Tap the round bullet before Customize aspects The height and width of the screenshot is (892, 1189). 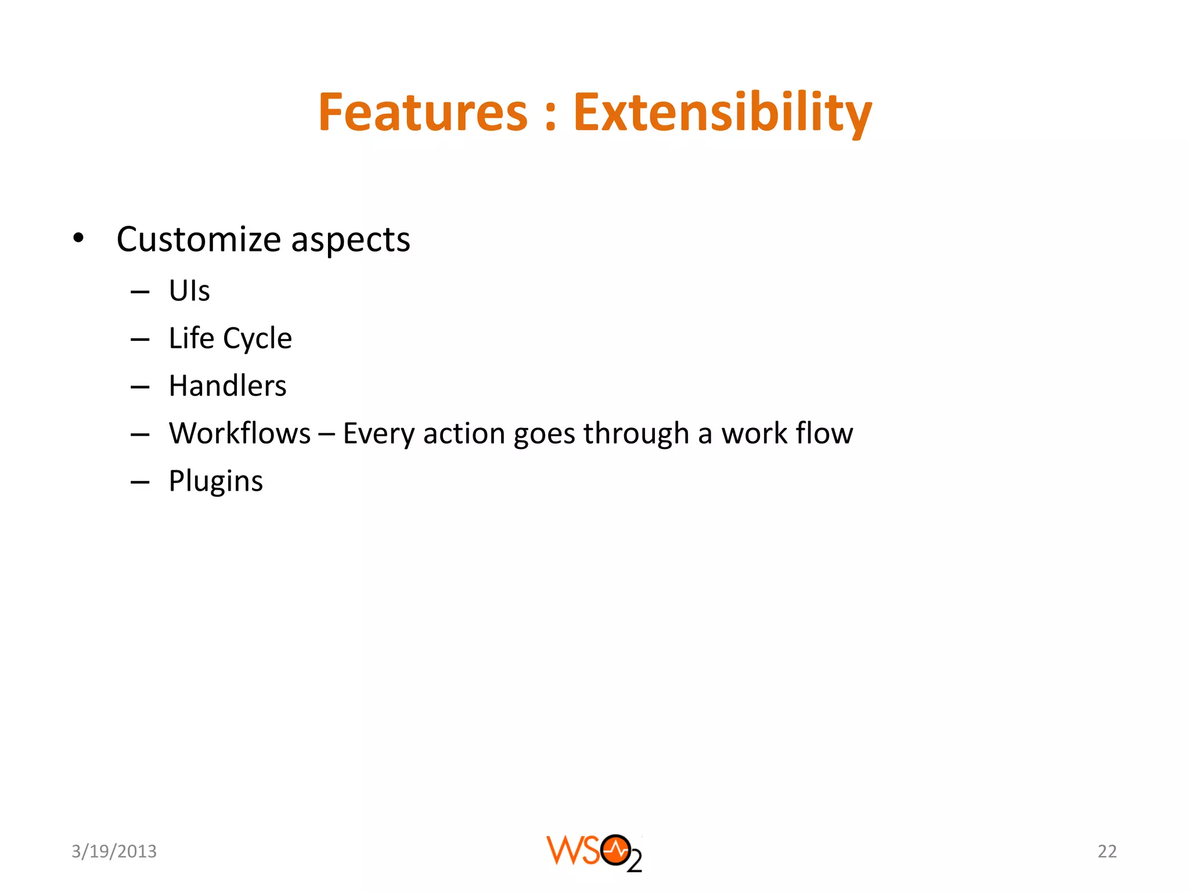click(x=78, y=238)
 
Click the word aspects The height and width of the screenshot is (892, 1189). click(x=350, y=240)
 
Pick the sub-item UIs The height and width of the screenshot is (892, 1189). click(x=189, y=290)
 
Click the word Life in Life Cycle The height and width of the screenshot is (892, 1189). click(x=191, y=338)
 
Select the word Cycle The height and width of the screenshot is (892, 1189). click(x=257, y=339)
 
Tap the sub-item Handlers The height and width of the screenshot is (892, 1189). click(x=228, y=386)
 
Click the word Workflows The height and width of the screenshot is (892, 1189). click(x=240, y=433)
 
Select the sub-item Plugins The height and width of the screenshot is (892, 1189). click(x=216, y=481)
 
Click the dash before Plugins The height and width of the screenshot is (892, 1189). click(x=140, y=482)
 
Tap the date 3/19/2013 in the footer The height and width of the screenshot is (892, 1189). click(x=114, y=851)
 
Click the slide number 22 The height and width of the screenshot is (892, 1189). click(x=1107, y=851)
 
